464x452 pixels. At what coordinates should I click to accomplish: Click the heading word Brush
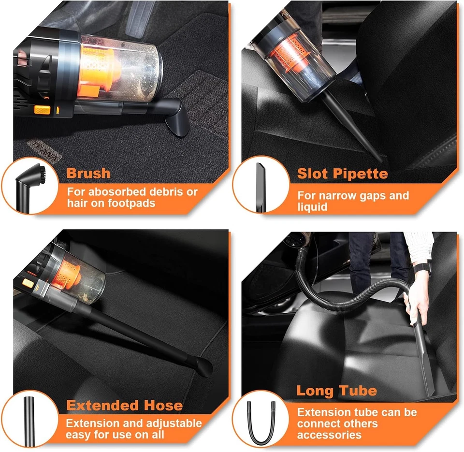pyautogui.click(x=88, y=173)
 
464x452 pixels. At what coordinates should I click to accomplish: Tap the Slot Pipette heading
pyautogui.click(x=342, y=174)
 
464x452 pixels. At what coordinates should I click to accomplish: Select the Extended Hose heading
pyautogui.click(x=125, y=406)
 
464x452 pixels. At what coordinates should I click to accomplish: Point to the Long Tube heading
pyautogui.click(x=336, y=391)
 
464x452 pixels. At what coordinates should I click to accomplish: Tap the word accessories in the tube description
pyautogui.click(x=329, y=435)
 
